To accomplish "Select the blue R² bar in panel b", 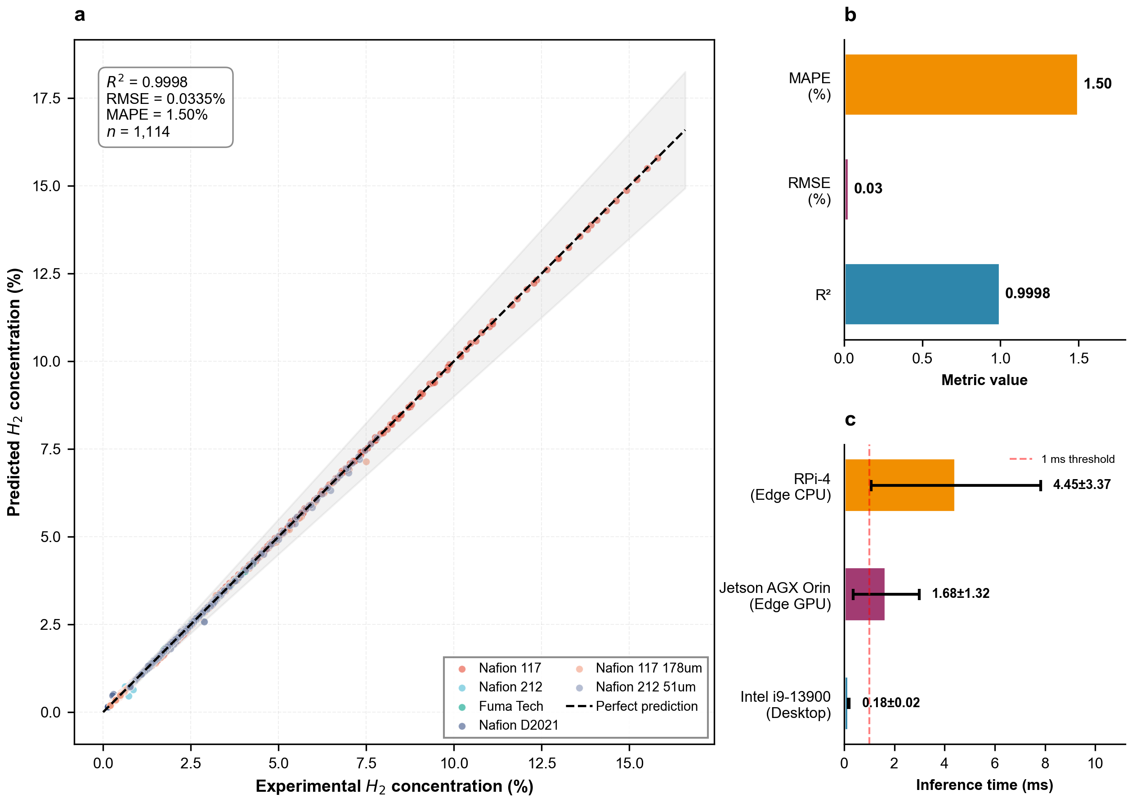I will pyautogui.click(x=922, y=294).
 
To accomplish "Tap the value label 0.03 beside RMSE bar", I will pyautogui.click(x=868, y=188).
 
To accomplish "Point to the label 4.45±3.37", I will pyautogui.click(x=1082, y=484).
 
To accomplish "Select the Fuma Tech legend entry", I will pyautogui.click(x=510, y=706).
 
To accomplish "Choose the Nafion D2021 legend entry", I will pyautogui.click(x=518, y=725).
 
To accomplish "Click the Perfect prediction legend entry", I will pyautogui.click(x=646, y=706).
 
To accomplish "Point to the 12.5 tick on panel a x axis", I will pyautogui.click(x=542, y=763).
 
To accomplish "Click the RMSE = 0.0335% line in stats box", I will pyautogui.click(x=166, y=99).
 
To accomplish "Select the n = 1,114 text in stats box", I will pyautogui.click(x=139, y=131).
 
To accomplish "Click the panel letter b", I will pyautogui.click(x=850, y=15).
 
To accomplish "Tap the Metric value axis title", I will pyautogui.click(x=984, y=380).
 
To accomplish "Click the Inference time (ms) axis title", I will pyautogui.click(x=984, y=785).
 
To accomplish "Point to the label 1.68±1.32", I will pyautogui.click(x=961, y=593).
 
